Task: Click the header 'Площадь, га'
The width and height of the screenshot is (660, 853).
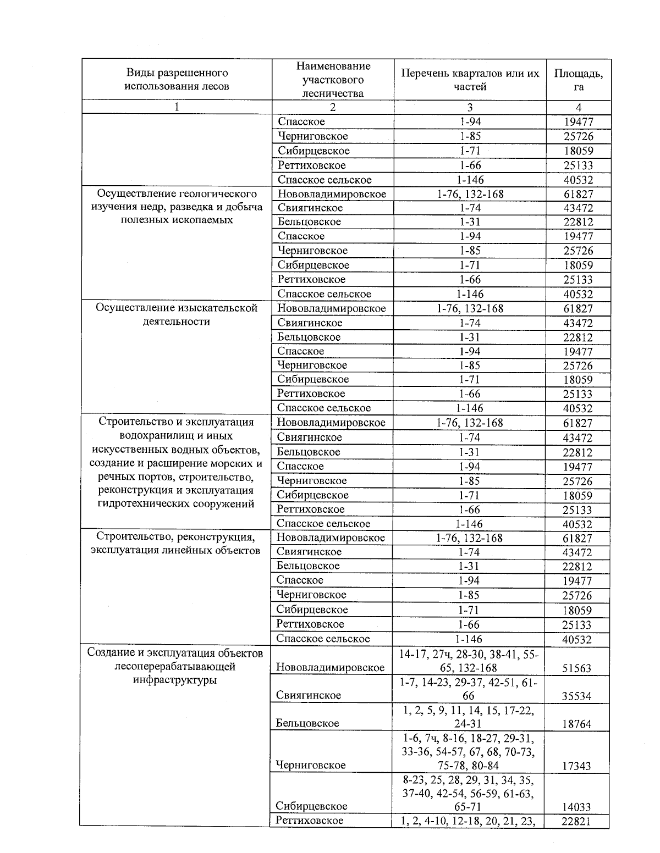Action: (x=578, y=80)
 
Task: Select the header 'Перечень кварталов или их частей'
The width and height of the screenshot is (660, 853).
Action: (x=470, y=80)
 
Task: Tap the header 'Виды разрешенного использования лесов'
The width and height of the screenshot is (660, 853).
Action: (x=177, y=80)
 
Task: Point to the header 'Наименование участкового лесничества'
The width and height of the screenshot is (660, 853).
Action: (x=333, y=80)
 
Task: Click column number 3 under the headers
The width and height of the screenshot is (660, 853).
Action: (x=470, y=108)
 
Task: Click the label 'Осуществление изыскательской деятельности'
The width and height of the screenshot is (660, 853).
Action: (x=177, y=315)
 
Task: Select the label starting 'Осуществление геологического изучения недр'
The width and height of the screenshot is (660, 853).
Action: (x=177, y=207)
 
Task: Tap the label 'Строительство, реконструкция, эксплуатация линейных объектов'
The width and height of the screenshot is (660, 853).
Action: (x=176, y=544)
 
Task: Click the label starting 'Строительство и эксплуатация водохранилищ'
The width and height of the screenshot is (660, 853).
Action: (x=176, y=463)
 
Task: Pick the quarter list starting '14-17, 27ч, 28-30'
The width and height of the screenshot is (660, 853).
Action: (x=469, y=661)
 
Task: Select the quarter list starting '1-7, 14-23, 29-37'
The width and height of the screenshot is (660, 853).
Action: (x=469, y=689)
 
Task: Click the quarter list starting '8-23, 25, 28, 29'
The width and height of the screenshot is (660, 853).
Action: (x=469, y=794)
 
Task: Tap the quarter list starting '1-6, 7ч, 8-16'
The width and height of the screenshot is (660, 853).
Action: (x=469, y=752)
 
